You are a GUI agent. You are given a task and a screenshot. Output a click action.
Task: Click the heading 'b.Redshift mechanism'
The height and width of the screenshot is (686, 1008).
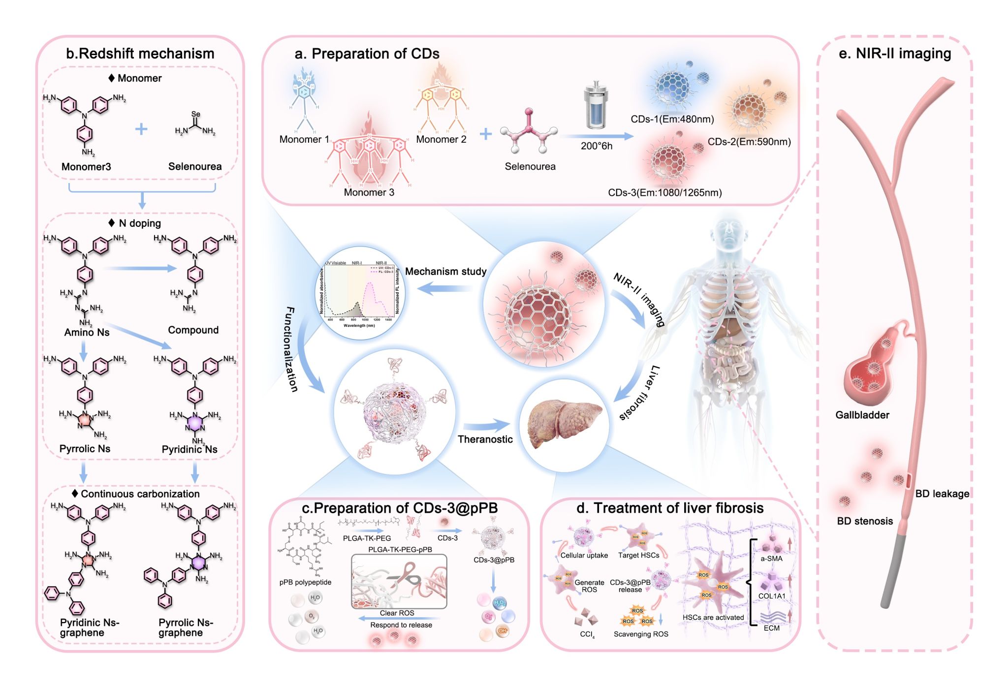coord(140,54)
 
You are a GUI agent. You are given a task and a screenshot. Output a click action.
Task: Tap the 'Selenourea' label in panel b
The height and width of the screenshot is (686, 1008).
coord(195,166)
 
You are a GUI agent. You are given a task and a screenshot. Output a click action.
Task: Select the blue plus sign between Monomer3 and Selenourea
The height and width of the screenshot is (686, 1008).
coord(141,129)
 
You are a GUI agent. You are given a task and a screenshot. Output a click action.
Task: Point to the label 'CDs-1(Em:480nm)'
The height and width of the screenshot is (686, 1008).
coord(672,119)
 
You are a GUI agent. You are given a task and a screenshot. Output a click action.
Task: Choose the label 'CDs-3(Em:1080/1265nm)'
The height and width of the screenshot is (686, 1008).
coord(664,192)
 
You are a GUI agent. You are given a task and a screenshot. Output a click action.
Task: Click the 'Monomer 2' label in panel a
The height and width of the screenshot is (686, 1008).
coord(441,139)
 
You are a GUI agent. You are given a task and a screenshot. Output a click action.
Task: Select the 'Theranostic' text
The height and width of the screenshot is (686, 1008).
coord(485,439)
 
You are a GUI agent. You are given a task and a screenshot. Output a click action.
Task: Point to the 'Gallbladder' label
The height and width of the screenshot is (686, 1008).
coord(862,415)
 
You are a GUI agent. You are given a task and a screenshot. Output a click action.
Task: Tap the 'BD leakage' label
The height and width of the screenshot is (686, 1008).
coord(942,494)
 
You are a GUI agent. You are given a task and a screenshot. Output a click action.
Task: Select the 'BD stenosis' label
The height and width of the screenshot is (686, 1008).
coord(865,521)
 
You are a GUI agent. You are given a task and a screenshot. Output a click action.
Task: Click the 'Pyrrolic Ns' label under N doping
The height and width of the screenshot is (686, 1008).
coord(85,449)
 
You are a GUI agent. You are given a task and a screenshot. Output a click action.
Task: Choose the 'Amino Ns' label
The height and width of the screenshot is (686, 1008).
coord(87,332)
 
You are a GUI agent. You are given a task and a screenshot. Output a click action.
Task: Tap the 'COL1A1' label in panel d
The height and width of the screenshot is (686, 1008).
coord(772,596)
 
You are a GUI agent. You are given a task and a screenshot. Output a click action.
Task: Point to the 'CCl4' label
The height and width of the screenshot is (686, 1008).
coord(587,634)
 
